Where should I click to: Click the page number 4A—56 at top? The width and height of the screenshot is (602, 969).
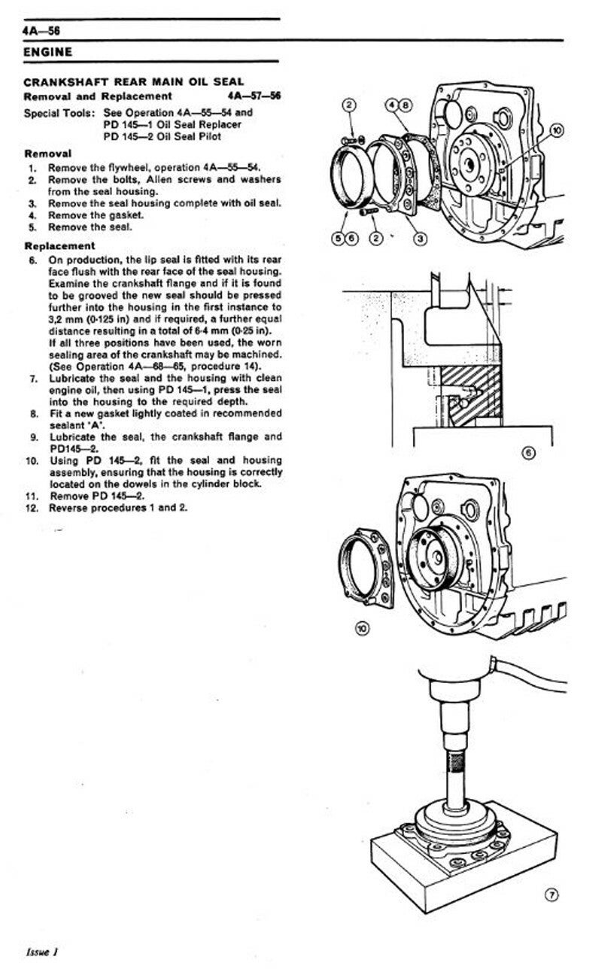pos(41,31)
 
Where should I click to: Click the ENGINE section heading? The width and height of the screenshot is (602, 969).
pos(47,53)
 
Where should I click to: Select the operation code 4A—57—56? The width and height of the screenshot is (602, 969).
pos(254,96)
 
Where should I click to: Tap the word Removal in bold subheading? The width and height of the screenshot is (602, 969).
pos(48,153)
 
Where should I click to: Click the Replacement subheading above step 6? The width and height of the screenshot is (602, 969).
pos(59,246)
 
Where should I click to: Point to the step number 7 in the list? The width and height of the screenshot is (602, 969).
pos(34,379)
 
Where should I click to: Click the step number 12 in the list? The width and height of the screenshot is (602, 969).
pos(32,509)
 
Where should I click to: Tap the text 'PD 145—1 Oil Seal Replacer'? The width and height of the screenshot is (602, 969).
pos(172,125)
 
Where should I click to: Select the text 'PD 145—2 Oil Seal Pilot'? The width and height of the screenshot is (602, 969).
pos(163,137)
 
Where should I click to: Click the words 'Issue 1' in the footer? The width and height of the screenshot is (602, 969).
pos(42,952)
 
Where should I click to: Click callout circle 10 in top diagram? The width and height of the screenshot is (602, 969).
pos(558,129)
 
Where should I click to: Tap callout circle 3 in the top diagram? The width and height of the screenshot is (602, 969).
pos(420,238)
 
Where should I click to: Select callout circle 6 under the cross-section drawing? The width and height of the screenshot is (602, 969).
pos(529,453)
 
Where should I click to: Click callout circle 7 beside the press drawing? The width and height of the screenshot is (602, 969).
pos(552,895)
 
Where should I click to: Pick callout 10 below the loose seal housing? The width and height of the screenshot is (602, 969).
pos(362,628)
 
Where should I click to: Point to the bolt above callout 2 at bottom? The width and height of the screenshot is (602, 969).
pos(369,212)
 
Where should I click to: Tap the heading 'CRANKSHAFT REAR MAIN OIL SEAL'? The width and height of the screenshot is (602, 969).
pos(134,82)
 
